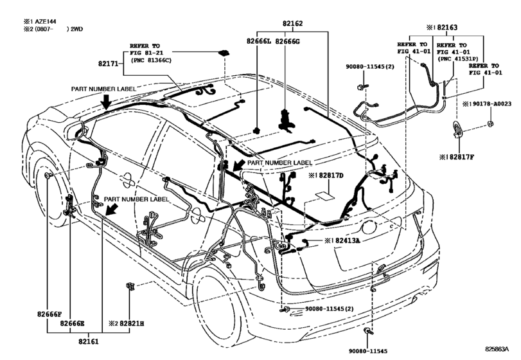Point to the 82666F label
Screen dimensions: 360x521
pos(49,313)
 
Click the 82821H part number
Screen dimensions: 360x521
pos(130,323)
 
